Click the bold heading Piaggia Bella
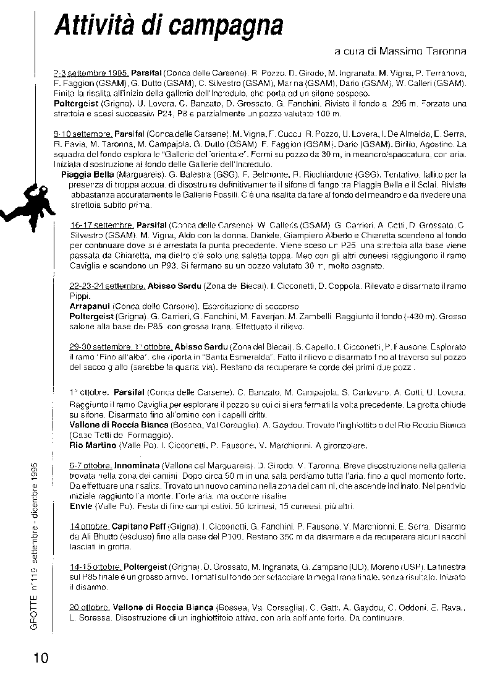point(88,174)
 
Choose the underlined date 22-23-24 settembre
point(107,286)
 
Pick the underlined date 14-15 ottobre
point(95,566)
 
